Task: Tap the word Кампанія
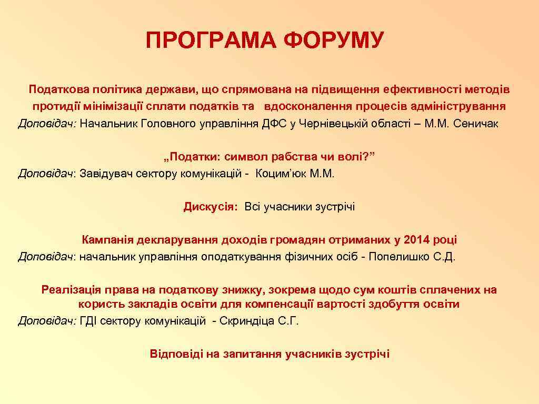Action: pyautogui.click(x=107, y=240)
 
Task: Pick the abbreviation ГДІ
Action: pyautogui.click(x=88, y=321)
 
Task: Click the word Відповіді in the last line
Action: pyautogui.click(x=175, y=354)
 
